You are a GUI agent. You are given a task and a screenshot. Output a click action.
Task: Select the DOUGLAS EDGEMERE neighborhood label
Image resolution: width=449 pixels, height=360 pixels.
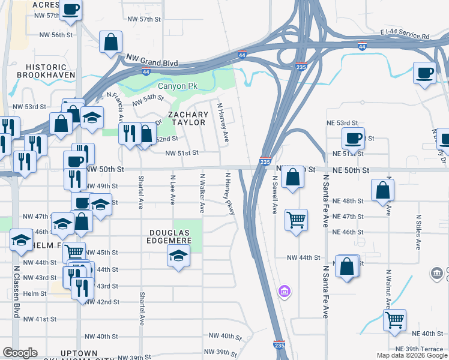point(171,236)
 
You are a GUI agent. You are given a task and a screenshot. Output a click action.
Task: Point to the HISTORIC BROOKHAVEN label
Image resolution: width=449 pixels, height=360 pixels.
point(46,70)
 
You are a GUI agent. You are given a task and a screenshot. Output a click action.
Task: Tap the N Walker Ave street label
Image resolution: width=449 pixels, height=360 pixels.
point(202,193)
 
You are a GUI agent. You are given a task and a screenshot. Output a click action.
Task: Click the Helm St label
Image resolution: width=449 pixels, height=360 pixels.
point(35,293)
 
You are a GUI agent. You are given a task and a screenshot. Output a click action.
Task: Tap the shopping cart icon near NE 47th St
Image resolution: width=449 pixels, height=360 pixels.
point(296,219)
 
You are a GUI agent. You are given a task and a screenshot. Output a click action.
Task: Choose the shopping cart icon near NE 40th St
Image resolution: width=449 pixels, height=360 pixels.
point(394,319)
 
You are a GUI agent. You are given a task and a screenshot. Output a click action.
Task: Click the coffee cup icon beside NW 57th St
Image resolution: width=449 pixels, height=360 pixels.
point(71,10)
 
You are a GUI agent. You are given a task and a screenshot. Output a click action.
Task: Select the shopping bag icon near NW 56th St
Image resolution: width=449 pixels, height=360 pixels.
point(111,42)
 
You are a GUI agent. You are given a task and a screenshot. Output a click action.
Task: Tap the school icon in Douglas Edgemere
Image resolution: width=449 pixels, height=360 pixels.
point(177,256)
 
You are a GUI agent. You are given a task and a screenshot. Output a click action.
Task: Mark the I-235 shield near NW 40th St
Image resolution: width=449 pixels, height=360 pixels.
point(279,346)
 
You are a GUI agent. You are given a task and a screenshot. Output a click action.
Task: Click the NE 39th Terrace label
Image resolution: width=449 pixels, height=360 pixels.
point(419,349)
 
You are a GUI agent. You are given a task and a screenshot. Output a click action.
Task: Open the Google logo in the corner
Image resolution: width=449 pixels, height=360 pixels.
point(20,353)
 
